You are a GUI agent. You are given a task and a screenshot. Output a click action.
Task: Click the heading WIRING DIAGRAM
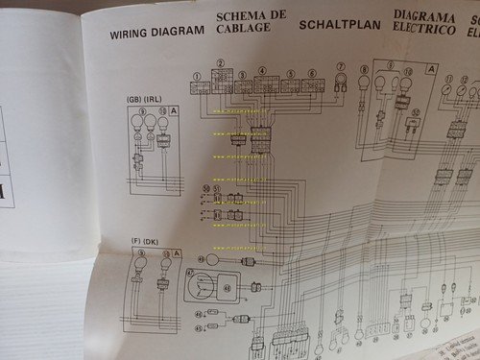click(156, 31)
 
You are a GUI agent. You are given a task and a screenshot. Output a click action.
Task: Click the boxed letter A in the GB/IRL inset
click(175, 111)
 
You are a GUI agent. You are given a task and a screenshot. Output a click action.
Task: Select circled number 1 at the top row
click(196, 75)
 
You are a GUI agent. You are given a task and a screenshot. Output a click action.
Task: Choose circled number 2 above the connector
click(220, 63)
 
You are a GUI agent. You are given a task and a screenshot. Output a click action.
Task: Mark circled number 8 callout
click(364, 70)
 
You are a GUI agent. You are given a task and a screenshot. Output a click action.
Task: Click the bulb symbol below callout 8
click(364, 89)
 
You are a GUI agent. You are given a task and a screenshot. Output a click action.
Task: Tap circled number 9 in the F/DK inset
click(141, 253)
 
